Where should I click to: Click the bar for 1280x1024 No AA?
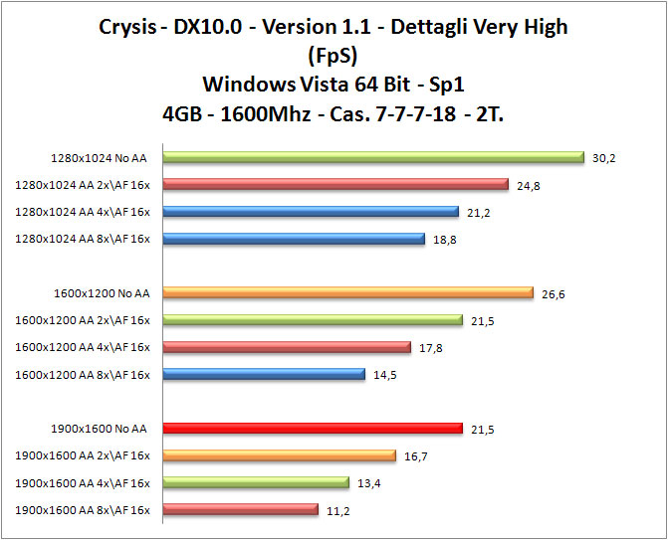click(x=372, y=157)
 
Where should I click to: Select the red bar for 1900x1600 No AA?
click(x=312, y=429)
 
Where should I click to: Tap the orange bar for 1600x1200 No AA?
click(x=347, y=292)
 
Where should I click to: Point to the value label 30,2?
click(x=603, y=157)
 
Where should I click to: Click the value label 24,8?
click(x=528, y=184)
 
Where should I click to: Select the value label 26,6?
click(x=554, y=293)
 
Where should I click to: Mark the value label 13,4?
click(x=368, y=483)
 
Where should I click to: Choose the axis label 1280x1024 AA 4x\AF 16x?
click(x=83, y=212)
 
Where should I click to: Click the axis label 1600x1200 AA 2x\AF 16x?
click(x=83, y=320)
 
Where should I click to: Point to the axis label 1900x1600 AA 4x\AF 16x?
click(x=83, y=483)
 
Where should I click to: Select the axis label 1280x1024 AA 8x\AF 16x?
click(x=83, y=239)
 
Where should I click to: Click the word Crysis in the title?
click(x=128, y=26)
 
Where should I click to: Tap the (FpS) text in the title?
click(x=334, y=54)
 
